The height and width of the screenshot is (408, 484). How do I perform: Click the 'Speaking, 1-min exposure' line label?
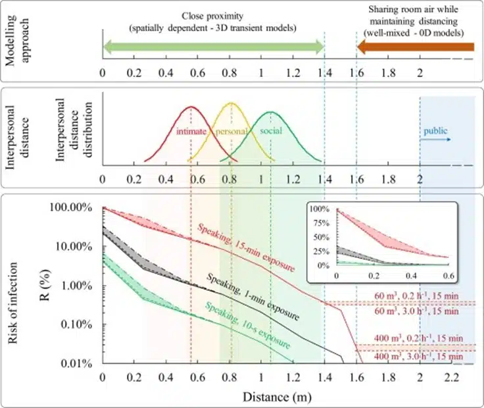coord(253,296)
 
